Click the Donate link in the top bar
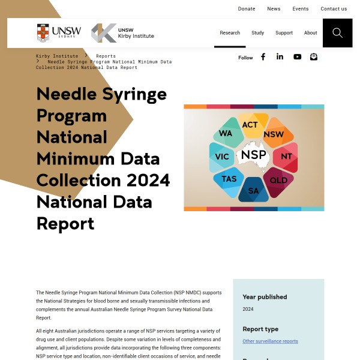[x=247, y=9]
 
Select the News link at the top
[x=274, y=9]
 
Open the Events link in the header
[x=301, y=9]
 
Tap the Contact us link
[x=334, y=9]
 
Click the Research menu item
[x=230, y=33]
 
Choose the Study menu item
[x=258, y=33]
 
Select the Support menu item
[x=284, y=33]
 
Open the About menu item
[x=310, y=33]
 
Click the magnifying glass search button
[x=337, y=33]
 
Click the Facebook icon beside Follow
[x=263, y=57]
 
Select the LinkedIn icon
[x=280, y=57]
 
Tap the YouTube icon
[x=297, y=57]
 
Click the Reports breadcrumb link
[x=106, y=56]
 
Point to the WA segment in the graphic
[x=226, y=133]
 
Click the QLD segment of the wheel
[x=278, y=180]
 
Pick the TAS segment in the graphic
[x=229, y=179]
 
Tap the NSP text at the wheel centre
[x=253, y=155]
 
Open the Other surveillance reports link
[x=270, y=341]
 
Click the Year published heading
[x=265, y=297]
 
